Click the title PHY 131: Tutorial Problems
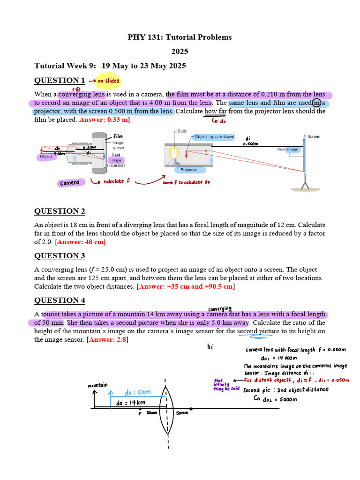tap(180, 37)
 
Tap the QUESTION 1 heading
tap(60, 80)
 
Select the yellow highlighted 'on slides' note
tap(108, 81)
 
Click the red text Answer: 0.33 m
tap(105, 120)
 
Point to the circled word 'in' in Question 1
tap(317, 103)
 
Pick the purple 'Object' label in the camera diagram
tap(46, 157)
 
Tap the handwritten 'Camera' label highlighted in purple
tap(70, 182)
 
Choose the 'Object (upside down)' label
tap(214, 137)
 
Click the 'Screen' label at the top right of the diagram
tap(314, 136)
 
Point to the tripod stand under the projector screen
tap(305, 185)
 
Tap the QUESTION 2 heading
tap(60, 211)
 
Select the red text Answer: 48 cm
tap(81, 242)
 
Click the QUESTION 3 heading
tap(60, 255)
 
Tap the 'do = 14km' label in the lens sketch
tap(131, 402)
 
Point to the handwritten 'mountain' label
tap(97, 385)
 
